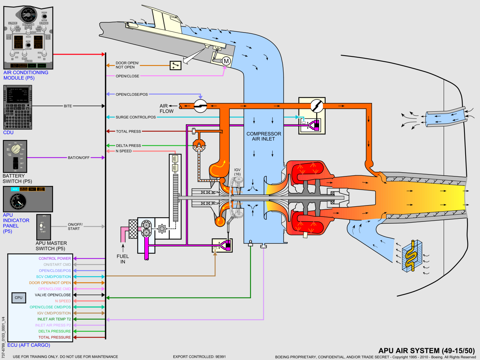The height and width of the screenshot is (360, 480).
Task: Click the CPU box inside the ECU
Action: (19, 298)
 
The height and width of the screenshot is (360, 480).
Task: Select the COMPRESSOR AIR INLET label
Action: (264, 136)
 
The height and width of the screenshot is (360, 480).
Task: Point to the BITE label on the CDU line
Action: (68, 106)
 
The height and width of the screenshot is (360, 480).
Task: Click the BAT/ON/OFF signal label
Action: (79, 157)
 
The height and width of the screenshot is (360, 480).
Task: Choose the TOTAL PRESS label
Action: (128, 131)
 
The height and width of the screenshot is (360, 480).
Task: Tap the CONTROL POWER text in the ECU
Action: (55, 259)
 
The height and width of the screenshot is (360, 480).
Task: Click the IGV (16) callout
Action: (237, 171)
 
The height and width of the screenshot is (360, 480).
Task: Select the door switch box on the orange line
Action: (175, 65)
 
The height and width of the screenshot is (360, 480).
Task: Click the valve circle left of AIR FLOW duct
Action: (200, 106)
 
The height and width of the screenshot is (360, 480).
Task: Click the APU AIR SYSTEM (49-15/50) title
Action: (427, 350)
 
